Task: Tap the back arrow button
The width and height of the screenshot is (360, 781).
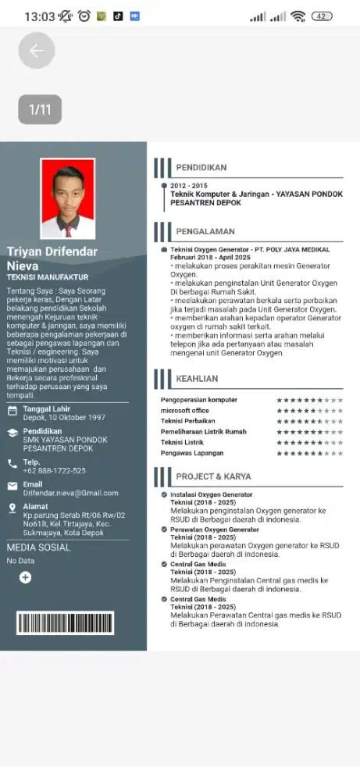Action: (37, 52)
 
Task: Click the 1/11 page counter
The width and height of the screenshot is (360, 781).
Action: (40, 109)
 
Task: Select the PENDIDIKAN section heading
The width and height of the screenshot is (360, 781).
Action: (201, 167)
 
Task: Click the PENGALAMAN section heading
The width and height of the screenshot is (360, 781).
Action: (205, 231)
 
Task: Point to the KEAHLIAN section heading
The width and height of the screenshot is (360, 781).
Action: (197, 379)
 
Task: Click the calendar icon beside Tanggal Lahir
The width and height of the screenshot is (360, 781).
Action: (12, 411)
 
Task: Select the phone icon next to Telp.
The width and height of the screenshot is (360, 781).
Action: (12, 463)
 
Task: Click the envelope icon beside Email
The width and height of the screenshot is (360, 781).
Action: (12, 486)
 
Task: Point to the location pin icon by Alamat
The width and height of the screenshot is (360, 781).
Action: (12, 508)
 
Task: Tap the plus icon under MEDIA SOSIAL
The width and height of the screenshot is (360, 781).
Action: (25, 577)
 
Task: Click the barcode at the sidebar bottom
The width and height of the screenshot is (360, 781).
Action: (66, 622)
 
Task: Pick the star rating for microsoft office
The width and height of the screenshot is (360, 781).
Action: (309, 411)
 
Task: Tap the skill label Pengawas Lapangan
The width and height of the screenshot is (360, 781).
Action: (192, 453)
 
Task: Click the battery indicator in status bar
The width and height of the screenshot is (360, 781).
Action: (321, 16)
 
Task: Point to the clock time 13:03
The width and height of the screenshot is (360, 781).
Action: (40, 16)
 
